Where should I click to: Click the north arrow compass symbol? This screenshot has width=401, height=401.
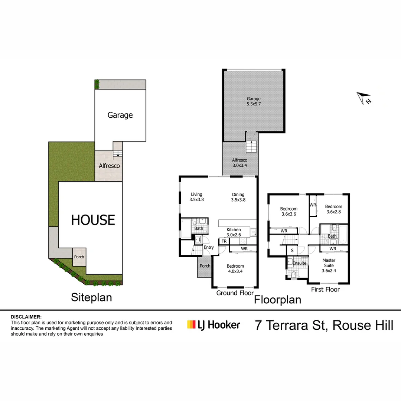(363, 98)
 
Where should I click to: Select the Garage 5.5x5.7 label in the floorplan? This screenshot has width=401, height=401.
(254, 101)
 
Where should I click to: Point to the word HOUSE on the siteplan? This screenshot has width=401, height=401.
(93, 220)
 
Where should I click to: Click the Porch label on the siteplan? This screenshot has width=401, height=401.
(79, 257)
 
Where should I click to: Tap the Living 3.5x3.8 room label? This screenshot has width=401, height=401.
(196, 197)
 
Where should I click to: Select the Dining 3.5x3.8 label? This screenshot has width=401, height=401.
(238, 197)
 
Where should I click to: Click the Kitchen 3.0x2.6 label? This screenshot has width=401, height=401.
(234, 232)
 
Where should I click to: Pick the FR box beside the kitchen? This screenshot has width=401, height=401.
(224, 241)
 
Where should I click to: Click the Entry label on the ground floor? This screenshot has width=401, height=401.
(209, 247)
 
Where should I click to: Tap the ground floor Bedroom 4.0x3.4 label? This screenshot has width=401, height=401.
(235, 268)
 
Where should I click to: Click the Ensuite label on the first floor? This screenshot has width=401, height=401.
(299, 263)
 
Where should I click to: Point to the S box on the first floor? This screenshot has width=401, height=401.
(292, 250)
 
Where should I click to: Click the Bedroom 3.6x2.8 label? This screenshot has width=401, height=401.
(333, 209)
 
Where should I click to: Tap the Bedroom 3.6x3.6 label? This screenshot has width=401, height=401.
(288, 211)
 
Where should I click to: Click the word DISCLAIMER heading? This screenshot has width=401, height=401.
(26, 317)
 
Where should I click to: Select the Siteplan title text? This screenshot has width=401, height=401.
(91, 297)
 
